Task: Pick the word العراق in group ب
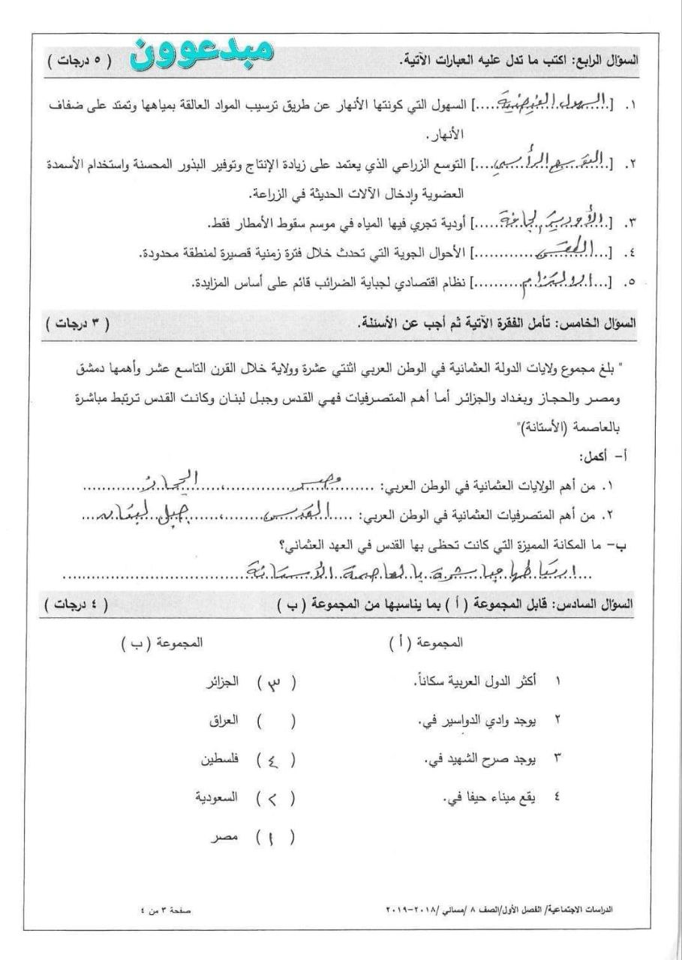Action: (x=224, y=721)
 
